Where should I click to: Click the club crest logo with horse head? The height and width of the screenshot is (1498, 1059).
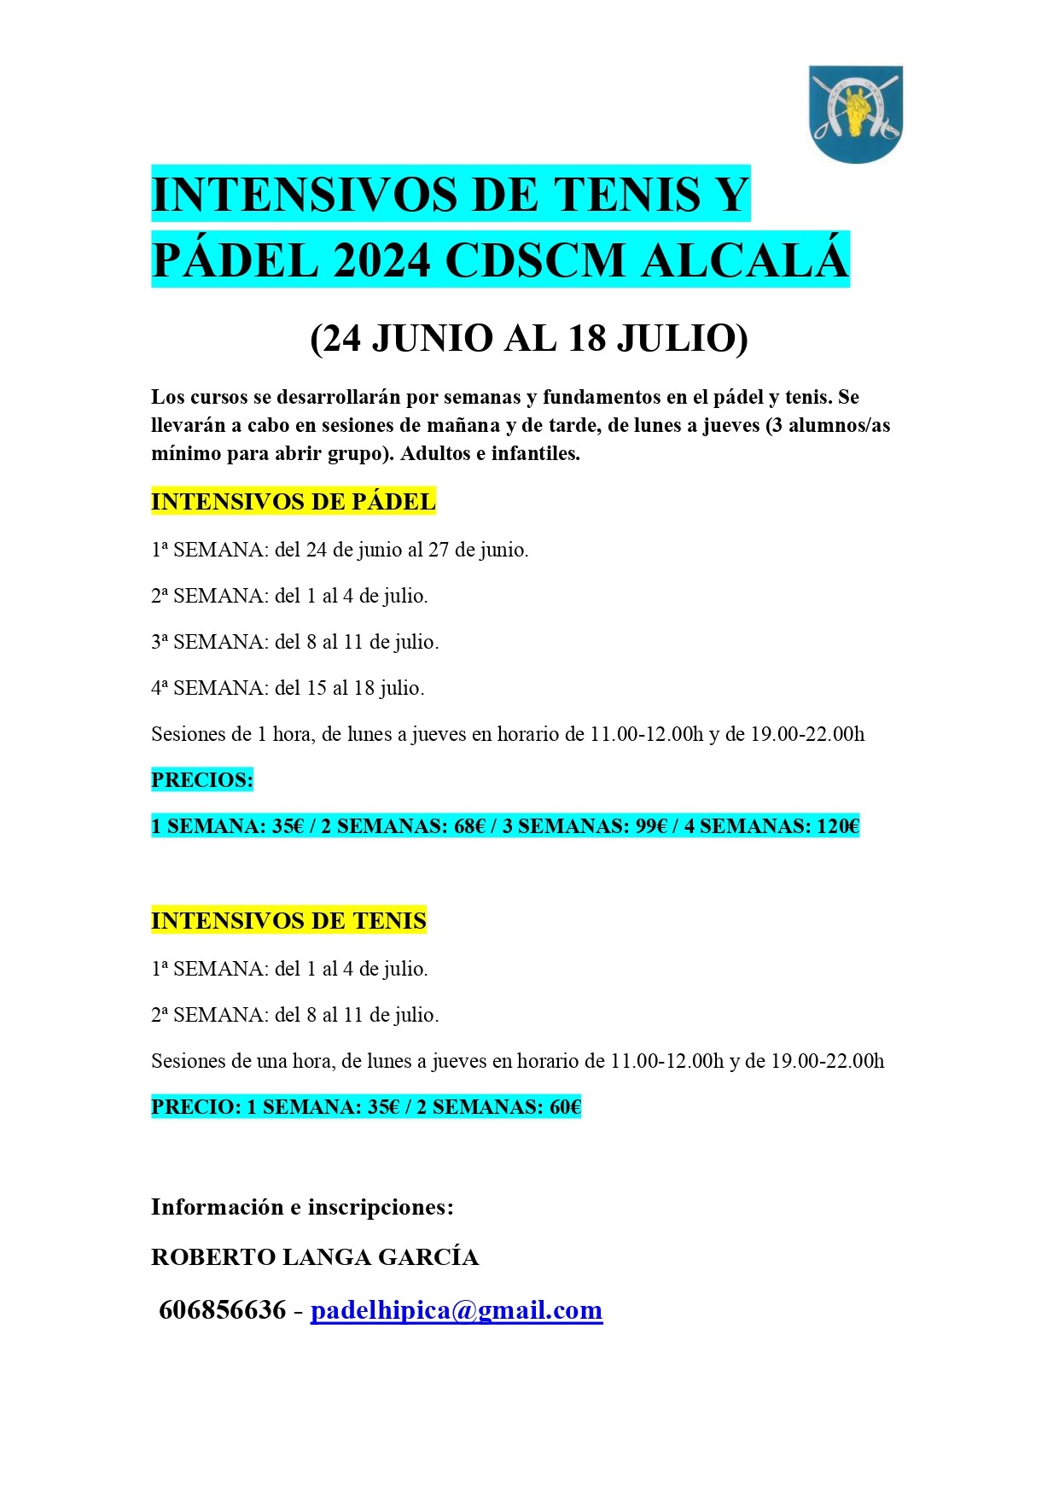(855, 114)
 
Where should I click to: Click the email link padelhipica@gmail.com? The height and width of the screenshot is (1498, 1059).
(457, 1310)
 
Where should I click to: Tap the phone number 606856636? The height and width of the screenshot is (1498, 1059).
(222, 1310)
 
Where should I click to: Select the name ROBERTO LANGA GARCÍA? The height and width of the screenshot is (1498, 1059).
(315, 1257)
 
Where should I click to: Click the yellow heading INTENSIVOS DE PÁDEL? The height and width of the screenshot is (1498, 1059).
(293, 502)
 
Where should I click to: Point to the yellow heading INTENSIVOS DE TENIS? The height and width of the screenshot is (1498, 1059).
(288, 921)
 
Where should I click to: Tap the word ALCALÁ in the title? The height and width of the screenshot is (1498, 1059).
(745, 260)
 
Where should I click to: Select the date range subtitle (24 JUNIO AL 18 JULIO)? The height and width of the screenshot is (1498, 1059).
(529, 339)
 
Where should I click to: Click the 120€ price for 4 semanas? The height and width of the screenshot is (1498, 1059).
(838, 826)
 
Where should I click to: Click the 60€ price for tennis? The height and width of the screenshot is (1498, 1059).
(565, 1107)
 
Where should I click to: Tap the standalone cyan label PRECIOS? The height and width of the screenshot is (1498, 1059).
(202, 780)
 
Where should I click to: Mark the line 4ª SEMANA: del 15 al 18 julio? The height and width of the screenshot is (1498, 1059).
(288, 688)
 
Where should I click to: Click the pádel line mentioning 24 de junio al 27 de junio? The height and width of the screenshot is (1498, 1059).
(340, 550)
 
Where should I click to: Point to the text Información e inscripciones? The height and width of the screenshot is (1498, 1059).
(302, 1207)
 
